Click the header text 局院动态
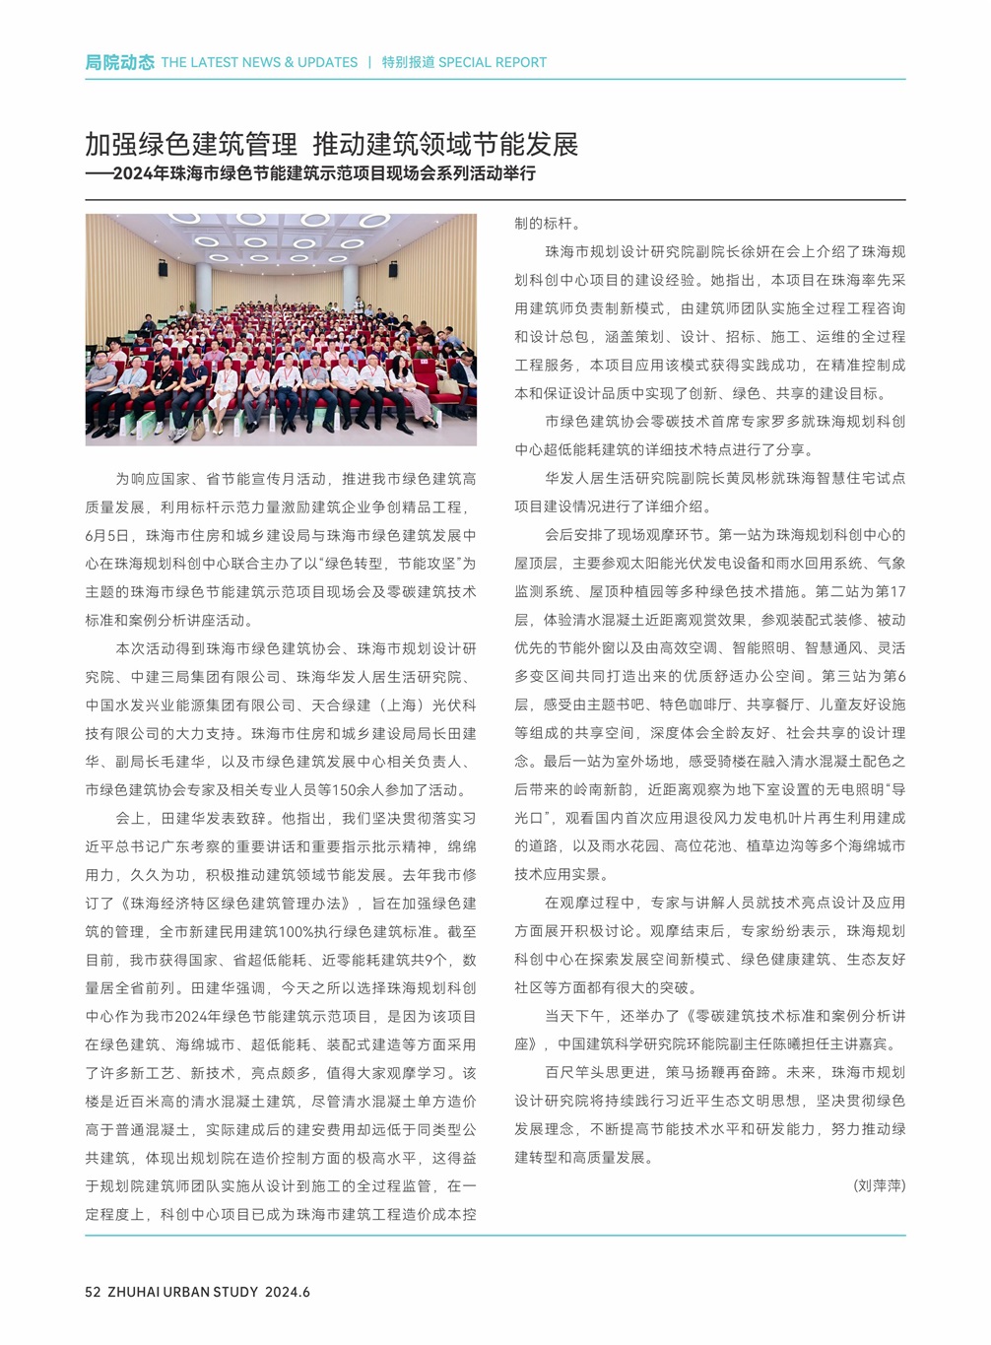[119, 62]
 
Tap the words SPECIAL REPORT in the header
[492, 62]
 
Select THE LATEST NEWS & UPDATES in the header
[259, 62]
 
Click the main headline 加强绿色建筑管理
[191, 145]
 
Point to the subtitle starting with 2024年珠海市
[324, 174]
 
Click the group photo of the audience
[281, 329]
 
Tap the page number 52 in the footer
[93, 1292]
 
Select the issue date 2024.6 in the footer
[288, 1292]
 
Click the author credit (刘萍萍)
[879, 1185]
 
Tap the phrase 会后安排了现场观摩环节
[627, 535]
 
